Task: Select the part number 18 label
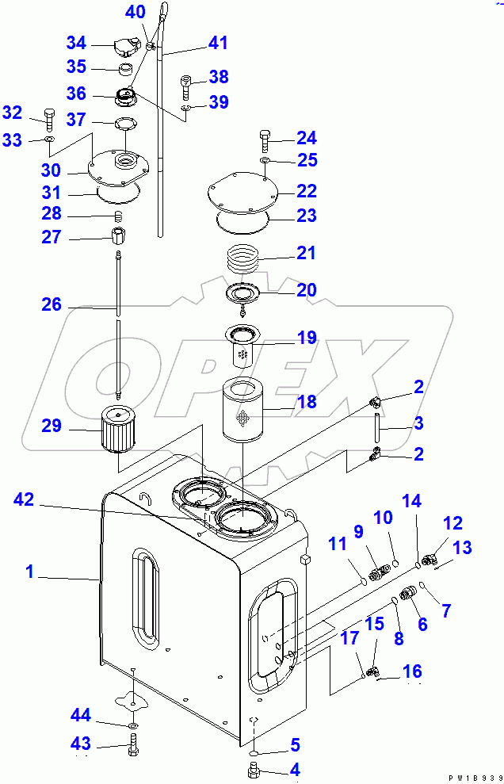click(x=306, y=402)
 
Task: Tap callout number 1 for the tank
click(x=30, y=572)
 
